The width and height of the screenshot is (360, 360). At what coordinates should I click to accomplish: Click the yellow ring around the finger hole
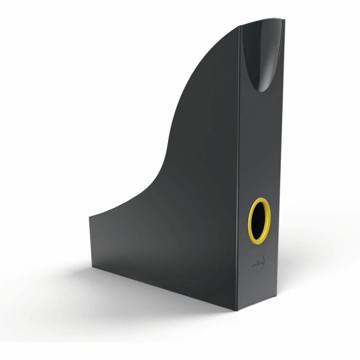(249, 221)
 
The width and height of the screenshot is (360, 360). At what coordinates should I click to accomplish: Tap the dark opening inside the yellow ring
(260, 221)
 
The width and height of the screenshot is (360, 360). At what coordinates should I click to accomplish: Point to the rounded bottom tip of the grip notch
(264, 90)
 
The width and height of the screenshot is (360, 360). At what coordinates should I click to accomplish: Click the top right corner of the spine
(284, 19)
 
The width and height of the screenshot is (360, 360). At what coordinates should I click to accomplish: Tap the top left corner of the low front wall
(90, 216)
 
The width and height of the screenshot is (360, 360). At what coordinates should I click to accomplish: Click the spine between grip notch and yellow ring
(261, 144)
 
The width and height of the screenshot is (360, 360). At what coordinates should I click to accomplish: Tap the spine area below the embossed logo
(259, 288)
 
